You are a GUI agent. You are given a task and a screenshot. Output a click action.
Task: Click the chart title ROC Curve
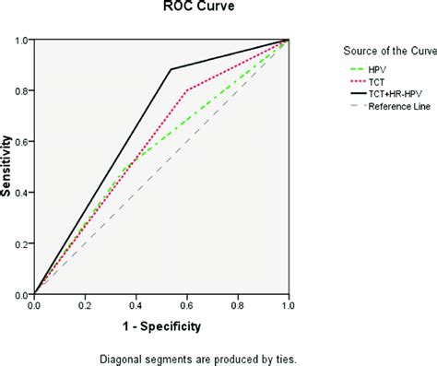[161, 11]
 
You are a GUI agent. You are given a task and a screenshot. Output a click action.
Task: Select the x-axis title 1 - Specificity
[161, 325]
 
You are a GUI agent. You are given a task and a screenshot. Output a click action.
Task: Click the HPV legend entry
[378, 69]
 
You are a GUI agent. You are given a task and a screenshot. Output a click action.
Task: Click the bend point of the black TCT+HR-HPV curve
[171, 69]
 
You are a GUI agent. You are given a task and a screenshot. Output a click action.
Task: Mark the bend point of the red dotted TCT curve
[187, 90]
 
